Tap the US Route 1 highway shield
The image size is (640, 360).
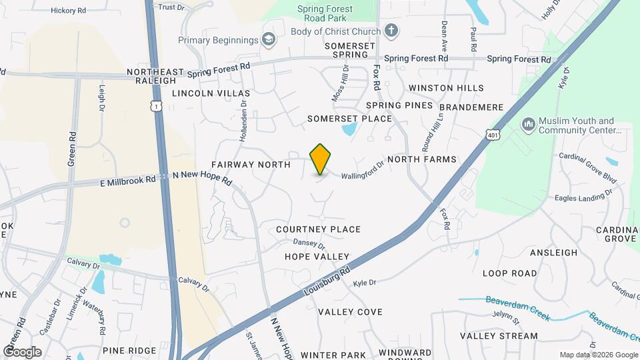[x=155, y=106]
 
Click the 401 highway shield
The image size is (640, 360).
[x=493, y=134]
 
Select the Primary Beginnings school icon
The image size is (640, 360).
[x=268, y=40]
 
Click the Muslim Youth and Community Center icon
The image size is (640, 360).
[x=528, y=125]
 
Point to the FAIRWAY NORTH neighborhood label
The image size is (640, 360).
[x=251, y=164]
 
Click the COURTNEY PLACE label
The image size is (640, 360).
[x=319, y=229]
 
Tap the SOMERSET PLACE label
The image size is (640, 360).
[x=349, y=119]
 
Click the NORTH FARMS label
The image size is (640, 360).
[x=421, y=159]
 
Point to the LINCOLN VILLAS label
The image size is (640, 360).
[x=211, y=94]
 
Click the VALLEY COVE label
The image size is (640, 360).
[x=350, y=312]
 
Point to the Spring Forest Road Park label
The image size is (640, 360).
[x=325, y=14]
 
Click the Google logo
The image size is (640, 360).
[x=22, y=351]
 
